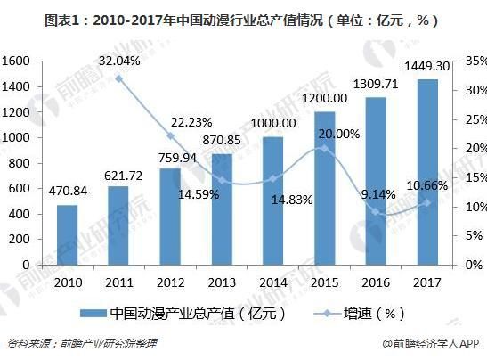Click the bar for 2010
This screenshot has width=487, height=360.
click(67, 235)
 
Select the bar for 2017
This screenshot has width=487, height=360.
click(427, 172)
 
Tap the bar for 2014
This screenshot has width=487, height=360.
click(273, 201)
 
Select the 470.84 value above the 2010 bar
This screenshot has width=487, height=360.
click(68, 190)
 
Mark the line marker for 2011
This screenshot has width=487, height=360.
click(118, 78)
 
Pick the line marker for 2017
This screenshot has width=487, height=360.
click(427, 202)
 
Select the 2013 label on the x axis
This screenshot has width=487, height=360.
click(222, 282)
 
